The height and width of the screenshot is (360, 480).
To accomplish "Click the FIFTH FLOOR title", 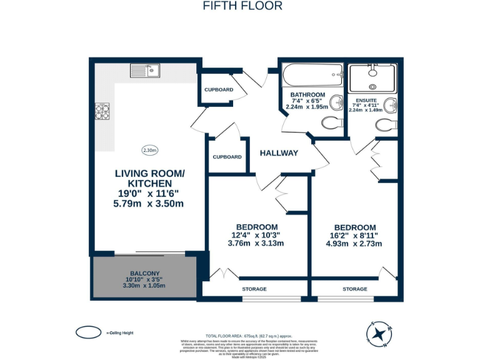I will [x=242, y=6].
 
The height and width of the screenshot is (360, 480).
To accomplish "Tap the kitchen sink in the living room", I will [x=145, y=71].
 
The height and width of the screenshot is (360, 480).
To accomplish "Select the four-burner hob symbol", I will [x=102, y=111].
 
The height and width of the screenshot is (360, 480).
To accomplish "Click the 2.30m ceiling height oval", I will [x=150, y=150].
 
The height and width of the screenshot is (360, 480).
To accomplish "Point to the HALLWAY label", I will [x=279, y=153].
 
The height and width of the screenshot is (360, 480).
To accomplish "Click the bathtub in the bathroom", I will [x=312, y=78].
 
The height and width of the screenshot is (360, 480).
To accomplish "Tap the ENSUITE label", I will [x=366, y=100].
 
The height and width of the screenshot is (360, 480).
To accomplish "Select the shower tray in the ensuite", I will [x=372, y=78].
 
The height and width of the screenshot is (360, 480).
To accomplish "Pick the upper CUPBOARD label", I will [x=219, y=89].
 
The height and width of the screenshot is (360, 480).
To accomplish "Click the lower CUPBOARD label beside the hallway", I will [x=227, y=157].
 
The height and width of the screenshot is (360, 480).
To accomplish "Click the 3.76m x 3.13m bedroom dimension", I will [x=256, y=244].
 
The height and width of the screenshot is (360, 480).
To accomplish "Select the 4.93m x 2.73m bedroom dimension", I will [x=355, y=244].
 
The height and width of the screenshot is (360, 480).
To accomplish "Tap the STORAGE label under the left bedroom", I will [x=254, y=289].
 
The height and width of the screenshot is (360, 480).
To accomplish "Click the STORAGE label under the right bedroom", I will [x=355, y=289].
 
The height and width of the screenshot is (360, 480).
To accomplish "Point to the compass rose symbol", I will [x=379, y=334].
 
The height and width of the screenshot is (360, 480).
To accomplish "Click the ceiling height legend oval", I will [x=88, y=331].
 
